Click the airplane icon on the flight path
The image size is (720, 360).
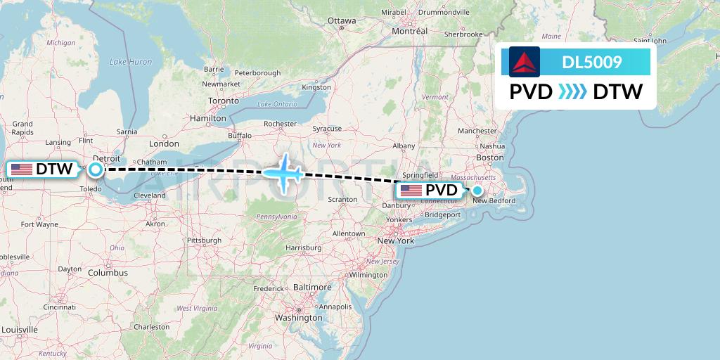(284, 173)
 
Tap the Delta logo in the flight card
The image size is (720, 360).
(525, 62)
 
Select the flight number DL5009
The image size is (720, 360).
(591, 62)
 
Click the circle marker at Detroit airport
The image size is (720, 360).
(95, 169)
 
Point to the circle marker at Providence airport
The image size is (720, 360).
(477, 190)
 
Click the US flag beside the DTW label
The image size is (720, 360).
(22, 169)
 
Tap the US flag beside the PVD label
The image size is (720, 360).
(411, 191)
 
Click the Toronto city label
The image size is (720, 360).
(224, 101)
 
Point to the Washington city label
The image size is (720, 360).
(299, 318)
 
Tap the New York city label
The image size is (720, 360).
(396, 240)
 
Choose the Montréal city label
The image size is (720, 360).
(409, 32)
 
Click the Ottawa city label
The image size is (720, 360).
(342, 21)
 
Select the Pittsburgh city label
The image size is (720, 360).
(204, 240)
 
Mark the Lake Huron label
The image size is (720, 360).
(131, 62)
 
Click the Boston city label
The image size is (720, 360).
(489, 157)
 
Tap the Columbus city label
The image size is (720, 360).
(108, 273)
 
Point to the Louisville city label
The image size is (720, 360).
(20, 330)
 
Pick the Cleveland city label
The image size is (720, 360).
(149, 195)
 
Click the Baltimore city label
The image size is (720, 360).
(312, 288)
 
